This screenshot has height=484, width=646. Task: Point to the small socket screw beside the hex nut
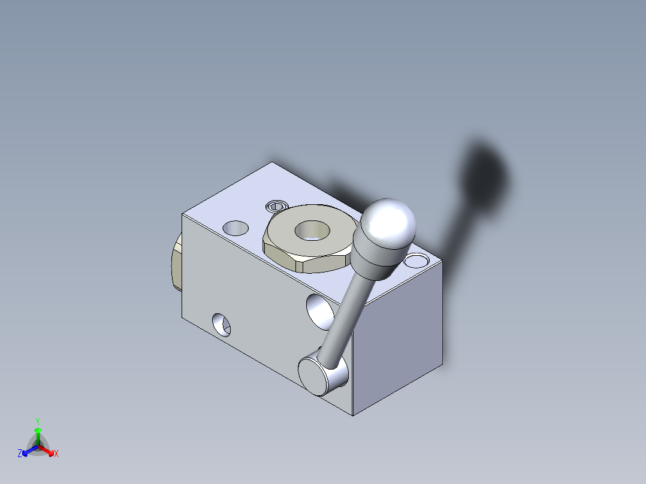[276, 207]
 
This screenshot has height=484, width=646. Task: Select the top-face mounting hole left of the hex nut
[235, 228]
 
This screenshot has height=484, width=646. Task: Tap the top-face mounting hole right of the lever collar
[416, 261]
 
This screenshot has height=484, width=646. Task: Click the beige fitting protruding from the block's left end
[176, 264]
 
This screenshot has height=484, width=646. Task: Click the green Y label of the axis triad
[37, 421]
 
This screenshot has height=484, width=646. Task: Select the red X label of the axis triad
[56, 454]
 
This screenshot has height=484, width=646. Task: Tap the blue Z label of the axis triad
[20, 454]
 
